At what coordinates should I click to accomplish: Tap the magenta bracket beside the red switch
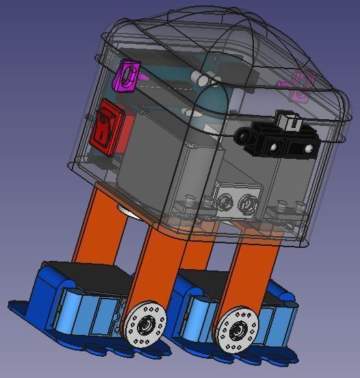(127, 75)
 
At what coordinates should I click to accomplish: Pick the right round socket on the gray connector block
(244, 203)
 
